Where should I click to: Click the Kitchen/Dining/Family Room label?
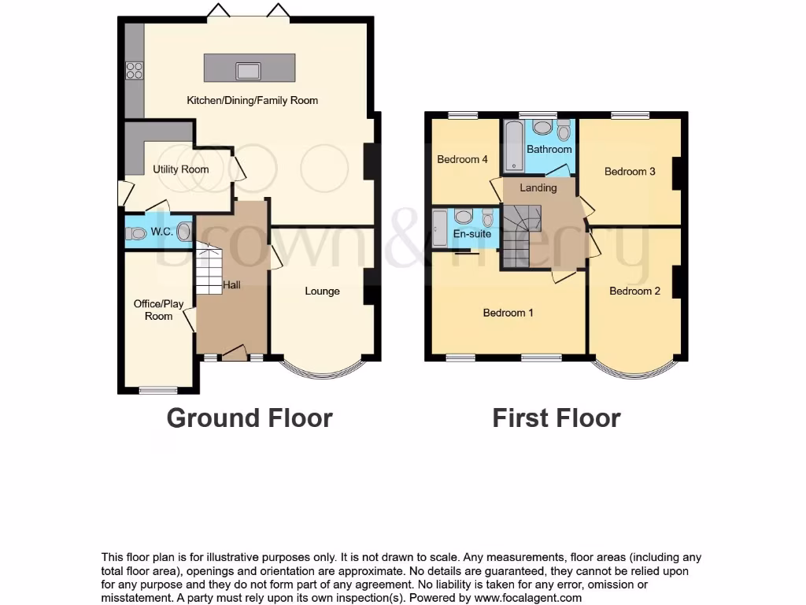pyautogui.click(x=252, y=100)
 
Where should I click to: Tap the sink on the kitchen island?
pyautogui.click(x=249, y=70)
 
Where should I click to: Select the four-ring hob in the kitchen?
pyautogui.click(x=133, y=70)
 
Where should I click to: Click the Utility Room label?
pyautogui.click(x=181, y=169)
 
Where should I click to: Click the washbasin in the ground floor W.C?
pyautogui.click(x=183, y=232)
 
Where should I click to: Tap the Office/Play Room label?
pyautogui.click(x=158, y=310)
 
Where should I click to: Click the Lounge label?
pyautogui.click(x=322, y=291)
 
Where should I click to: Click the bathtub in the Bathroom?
pyautogui.click(x=512, y=145)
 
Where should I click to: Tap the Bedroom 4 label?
pyautogui.click(x=462, y=159)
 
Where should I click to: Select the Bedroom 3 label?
pyautogui.click(x=630, y=171)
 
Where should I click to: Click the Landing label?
pyautogui.click(x=538, y=187)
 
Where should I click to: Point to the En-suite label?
pyautogui.click(x=472, y=234)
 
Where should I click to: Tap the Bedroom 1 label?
pyautogui.click(x=508, y=313)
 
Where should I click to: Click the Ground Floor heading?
pyautogui.click(x=250, y=418)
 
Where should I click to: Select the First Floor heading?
pyautogui.click(x=556, y=418)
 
